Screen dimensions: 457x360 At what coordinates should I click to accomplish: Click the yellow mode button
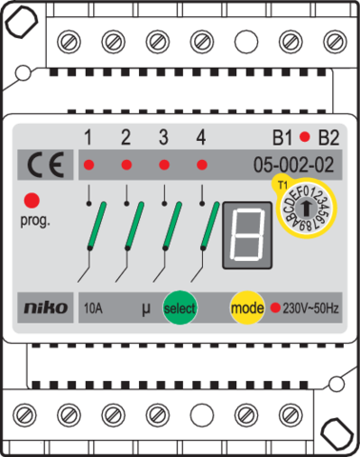[x=246, y=308]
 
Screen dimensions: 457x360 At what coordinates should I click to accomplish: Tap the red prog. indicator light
[x=32, y=201]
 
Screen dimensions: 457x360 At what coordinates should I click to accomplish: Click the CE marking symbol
[x=45, y=167]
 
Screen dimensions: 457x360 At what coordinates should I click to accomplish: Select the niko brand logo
[x=45, y=308]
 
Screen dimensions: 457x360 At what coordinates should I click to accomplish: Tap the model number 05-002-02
[x=293, y=166]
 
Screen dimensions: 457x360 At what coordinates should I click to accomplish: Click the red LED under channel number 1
[x=88, y=166]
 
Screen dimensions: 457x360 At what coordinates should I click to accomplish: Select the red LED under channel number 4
[x=201, y=166]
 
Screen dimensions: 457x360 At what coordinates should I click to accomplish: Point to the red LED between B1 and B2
[x=305, y=136]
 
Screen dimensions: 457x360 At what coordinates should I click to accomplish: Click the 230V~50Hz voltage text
[x=310, y=308]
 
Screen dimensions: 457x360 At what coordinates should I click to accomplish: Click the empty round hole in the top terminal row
[x=245, y=42]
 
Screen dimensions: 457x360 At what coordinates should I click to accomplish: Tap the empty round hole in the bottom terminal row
[x=200, y=414]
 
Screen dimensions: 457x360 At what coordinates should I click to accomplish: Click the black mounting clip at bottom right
[x=335, y=435]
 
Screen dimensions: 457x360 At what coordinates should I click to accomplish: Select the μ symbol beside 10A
[x=146, y=308]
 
